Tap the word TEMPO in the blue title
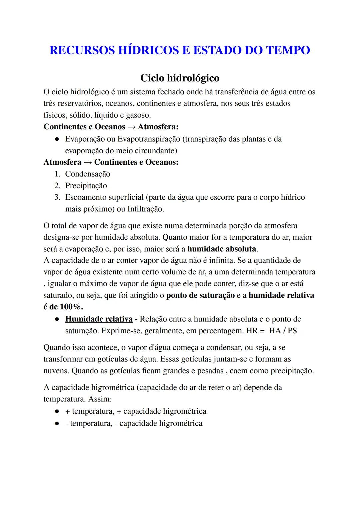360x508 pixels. tap(287, 50)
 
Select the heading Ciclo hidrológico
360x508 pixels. tap(180, 78)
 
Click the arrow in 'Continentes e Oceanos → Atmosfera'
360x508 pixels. tap(131, 127)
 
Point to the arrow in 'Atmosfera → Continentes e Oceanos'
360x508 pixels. tap(88, 162)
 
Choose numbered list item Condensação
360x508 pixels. tap(87, 174)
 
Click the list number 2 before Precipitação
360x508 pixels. tap(57, 186)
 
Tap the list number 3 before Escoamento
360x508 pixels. tap(57, 197)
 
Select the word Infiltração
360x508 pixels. tap(145, 209)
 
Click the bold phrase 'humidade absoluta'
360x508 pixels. tap(222, 249)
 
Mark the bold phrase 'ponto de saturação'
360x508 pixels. tap(200, 295)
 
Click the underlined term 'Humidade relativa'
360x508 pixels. tap(99, 319)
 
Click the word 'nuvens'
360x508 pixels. tap(56, 371)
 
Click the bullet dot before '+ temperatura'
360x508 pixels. tap(57, 411)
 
